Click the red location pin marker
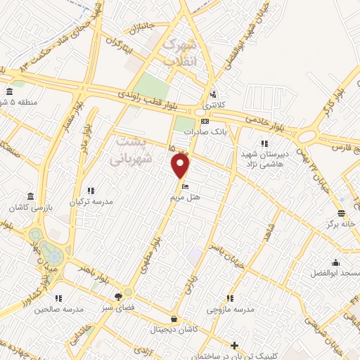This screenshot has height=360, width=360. [x=181, y=166]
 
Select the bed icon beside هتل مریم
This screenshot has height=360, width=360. [x=185, y=186]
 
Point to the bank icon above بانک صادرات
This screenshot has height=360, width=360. [x=205, y=121]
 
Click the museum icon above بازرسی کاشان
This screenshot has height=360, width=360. [x=30, y=196]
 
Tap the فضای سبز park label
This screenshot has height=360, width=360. [x=127, y=307]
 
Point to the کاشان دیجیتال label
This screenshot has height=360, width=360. [x=174, y=329]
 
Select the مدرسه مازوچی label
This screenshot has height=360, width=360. [x=230, y=309]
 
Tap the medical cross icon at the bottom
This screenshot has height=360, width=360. [x=235, y=345]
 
